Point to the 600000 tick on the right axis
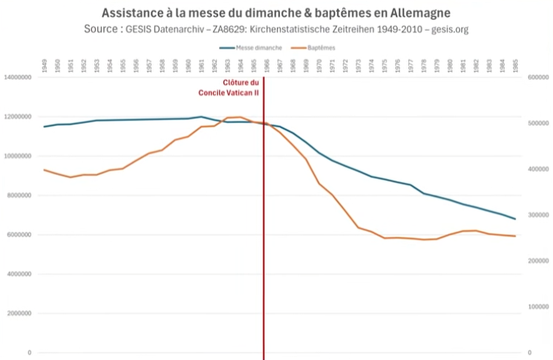tap(537, 77)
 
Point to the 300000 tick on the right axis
tap(537, 215)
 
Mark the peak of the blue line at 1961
tap(201, 117)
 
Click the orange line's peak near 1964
tap(240, 117)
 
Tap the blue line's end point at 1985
tap(515, 219)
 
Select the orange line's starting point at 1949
tap(45, 170)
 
